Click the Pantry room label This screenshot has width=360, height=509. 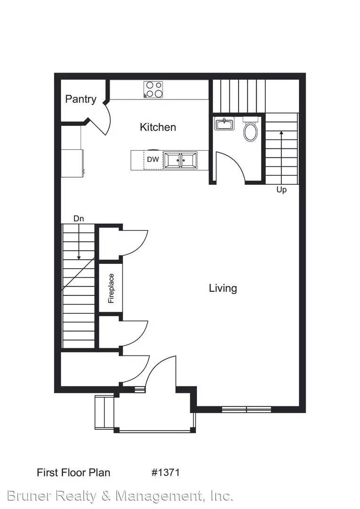tap(81, 99)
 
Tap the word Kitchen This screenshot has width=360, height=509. tap(158, 127)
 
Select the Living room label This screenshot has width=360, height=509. tap(223, 288)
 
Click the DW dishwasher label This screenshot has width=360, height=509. tap(153, 159)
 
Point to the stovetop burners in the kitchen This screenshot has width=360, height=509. tap(153, 90)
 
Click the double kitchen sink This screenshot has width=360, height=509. tap(180, 160)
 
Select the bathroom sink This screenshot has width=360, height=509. tap(224, 123)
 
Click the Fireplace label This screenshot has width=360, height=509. tap(111, 288)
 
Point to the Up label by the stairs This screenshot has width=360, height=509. tap(281, 189)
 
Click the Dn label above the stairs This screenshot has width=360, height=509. tap(79, 219)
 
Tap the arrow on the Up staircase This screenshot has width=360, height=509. tap(281, 157)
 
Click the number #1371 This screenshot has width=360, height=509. tap(165, 472)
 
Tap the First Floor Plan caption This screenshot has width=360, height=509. tap(74, 472)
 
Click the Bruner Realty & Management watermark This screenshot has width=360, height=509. tap(120, 496)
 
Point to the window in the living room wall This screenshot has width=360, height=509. tap(246, 410)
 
